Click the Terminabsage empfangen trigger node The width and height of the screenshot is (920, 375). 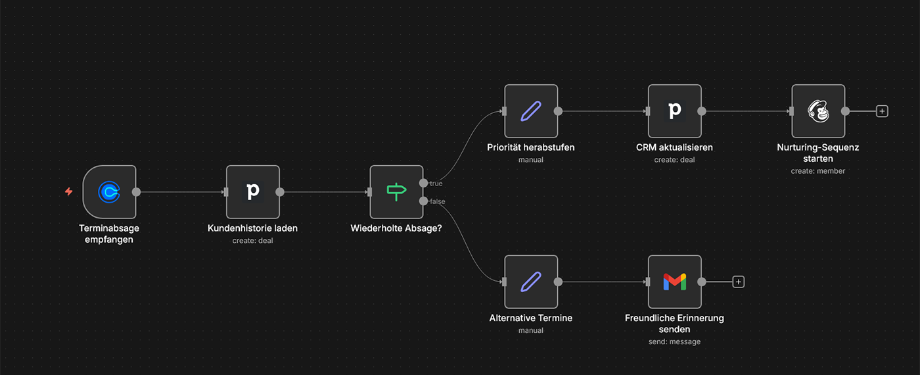pos(110,191)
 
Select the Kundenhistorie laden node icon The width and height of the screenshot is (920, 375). pos(253,191)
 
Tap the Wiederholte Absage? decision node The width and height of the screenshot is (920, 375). pos(396,191)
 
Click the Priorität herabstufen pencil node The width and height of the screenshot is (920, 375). pos(531,111)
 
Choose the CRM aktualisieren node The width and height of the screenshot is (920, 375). pos(674,111)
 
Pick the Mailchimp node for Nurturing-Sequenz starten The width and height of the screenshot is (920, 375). pos(817,111)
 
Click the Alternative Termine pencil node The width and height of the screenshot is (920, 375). pos(531,282)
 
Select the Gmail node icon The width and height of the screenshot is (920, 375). pos(674,282)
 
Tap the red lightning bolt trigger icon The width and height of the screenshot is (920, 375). pos(68,191)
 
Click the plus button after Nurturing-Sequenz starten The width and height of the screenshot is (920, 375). pos(882,111)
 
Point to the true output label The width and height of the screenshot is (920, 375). pos(436,184)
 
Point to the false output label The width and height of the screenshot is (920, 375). pos(437,201)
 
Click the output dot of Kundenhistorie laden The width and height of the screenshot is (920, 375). pos(280,192)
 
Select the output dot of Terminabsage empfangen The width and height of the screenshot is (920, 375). pos(137,192)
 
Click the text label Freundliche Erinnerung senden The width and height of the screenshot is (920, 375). pos(674,323)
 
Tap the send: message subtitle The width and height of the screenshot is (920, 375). pos(674,341)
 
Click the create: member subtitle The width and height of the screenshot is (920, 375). pos(817,171)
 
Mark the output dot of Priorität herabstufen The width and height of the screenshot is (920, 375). pos(558,111)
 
